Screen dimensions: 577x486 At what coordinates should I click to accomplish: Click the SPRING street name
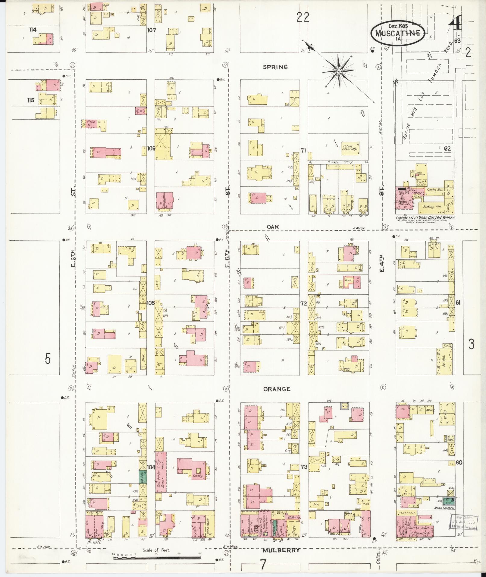(275, 67)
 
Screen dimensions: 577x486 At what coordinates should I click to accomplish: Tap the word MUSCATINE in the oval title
(398, 33)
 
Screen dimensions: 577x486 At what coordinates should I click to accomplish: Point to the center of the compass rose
(339, 71)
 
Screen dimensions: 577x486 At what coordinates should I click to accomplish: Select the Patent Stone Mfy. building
(350, 147)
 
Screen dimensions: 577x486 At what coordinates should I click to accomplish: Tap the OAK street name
(273, 227)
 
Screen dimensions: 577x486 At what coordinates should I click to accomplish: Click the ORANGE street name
(277, 389)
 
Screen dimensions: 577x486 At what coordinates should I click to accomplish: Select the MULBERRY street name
(281, 550)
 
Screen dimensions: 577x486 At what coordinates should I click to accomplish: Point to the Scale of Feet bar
(157, 558)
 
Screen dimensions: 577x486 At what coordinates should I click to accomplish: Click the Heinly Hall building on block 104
(161, 477)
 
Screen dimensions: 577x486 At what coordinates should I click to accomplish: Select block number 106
(151, 148)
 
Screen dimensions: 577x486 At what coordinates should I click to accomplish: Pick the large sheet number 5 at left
(48, 359)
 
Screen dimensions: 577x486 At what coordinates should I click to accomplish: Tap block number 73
(304, 475)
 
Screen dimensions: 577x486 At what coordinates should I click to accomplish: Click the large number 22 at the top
(303, 18)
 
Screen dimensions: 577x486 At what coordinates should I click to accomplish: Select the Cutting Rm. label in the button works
(435, 190)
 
